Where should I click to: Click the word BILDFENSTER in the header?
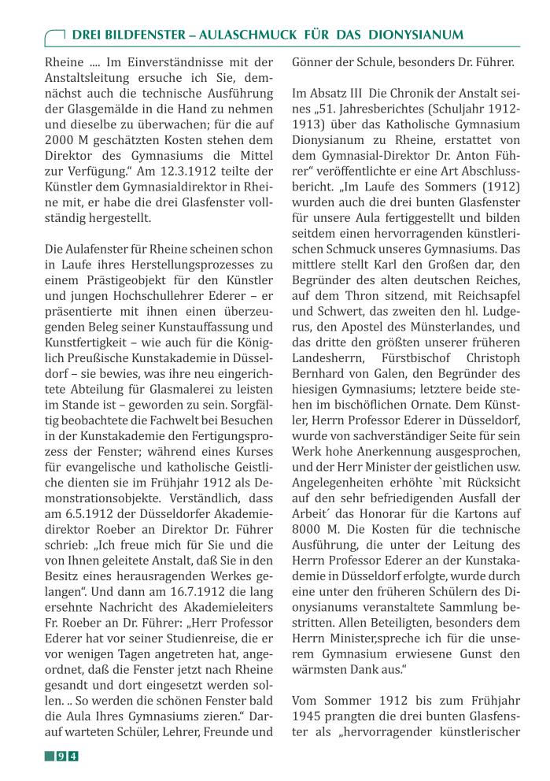coord(141,35)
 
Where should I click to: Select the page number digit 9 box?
coord(61,757)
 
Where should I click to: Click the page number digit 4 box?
coord(73,757)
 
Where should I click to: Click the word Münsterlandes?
coord(441,334)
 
